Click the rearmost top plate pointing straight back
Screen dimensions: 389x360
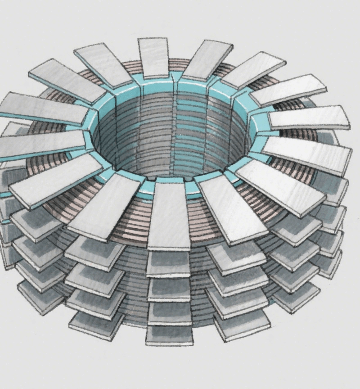[x=154, y=58]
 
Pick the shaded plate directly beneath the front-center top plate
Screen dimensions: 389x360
[x=168, y=264]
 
